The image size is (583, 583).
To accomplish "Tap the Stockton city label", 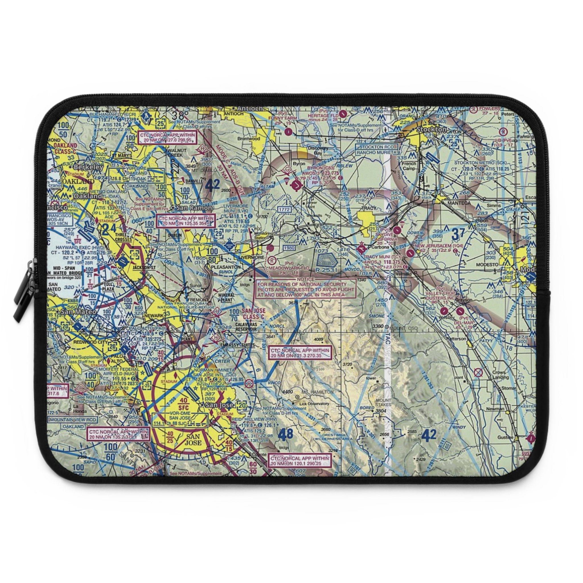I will tap(431, 129).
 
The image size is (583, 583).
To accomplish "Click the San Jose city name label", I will tap(219, 405).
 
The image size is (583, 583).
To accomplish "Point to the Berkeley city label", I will tap(89, 167).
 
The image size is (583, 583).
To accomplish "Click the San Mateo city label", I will tap(79, 311).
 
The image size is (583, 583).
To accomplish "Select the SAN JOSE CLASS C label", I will tap(253, 313).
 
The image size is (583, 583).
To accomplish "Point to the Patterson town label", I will tap(456, 338).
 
